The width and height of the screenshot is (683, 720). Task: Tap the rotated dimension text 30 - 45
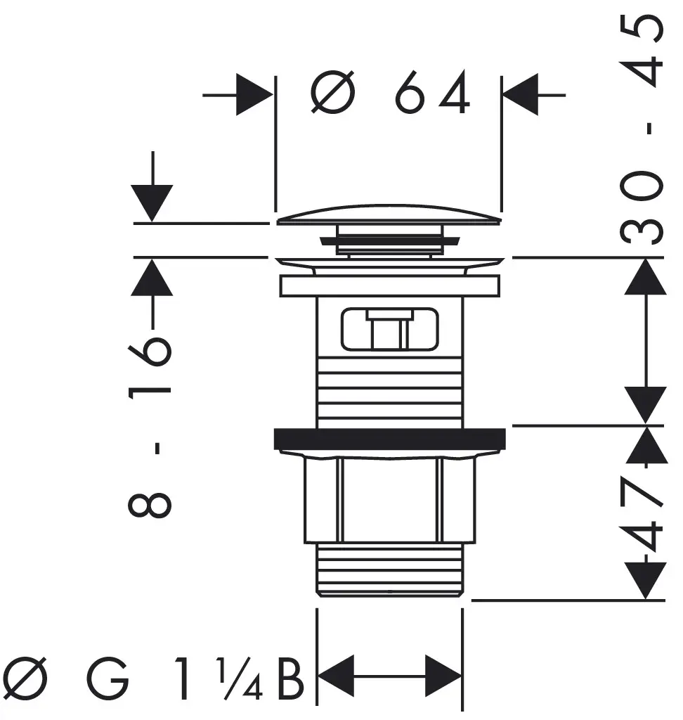point(644,130)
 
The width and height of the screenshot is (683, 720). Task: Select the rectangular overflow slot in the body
point(389,329)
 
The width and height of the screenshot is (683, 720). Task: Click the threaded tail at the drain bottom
point(389,570)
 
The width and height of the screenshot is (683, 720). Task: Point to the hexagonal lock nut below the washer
point(389,499)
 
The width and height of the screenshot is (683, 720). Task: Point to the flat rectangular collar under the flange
point(389,285)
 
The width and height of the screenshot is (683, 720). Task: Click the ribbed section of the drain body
point(389,390)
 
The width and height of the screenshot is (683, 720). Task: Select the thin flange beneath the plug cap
point(389,263)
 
